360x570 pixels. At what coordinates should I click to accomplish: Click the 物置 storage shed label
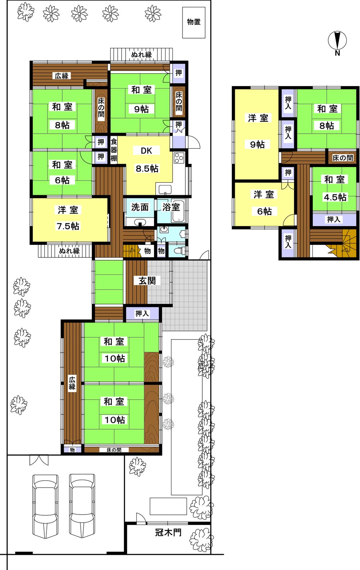(x=194, y=22)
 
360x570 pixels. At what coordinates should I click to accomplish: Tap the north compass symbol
(x=338, y=40)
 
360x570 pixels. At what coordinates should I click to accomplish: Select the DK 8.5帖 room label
(x=146, y=160)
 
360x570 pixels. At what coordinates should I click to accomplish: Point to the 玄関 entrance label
(x=147, y=280)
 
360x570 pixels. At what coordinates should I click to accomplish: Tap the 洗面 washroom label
(x=140, y=207)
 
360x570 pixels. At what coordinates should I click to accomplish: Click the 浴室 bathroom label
(x=171, y=207)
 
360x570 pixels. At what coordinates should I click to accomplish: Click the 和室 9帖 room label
(x=141, y=99)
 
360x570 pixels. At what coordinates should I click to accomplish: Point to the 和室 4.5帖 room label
(x=334, y=188)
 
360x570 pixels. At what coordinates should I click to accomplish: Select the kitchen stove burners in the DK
(x=179, y=158)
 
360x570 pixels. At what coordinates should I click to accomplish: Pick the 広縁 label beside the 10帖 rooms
(x=72, y=383)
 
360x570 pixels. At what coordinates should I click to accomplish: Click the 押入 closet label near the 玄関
(x=142, y=314)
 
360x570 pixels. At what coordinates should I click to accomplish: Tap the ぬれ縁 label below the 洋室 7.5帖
(x=69, y=251)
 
